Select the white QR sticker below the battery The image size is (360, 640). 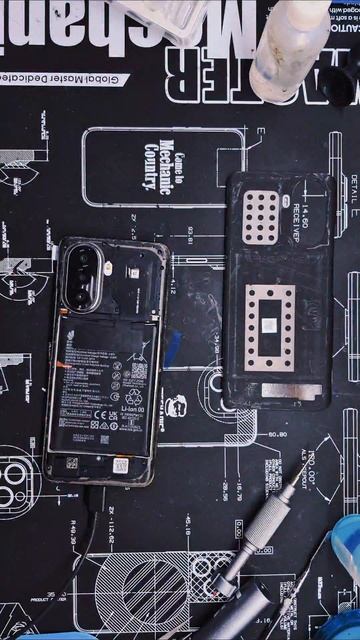(x=121, y=465)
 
